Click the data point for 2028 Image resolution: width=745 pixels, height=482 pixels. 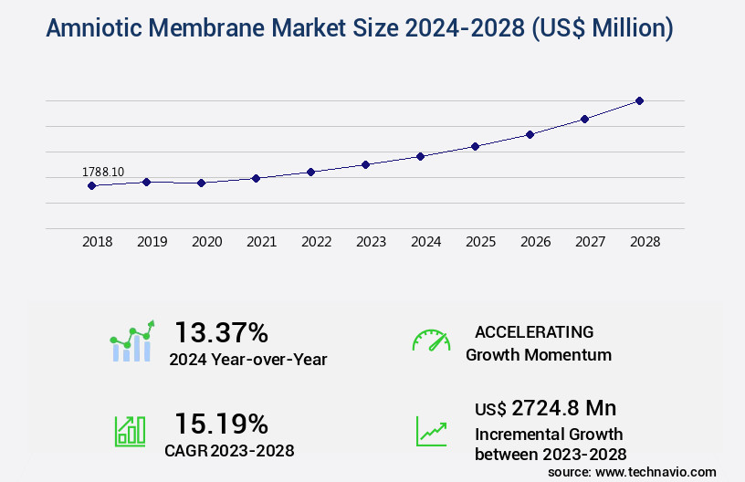point(639,100)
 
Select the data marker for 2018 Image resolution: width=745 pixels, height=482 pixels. point(91,185)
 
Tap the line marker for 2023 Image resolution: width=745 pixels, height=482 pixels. point(365,164)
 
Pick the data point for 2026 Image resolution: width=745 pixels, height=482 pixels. point(530,134)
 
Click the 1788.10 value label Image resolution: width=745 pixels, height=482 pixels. point(103,172)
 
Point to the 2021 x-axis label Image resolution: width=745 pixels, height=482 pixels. point(262,242)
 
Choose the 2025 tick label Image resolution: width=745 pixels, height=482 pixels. point(481,242)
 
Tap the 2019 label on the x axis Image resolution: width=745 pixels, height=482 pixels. point(152,242)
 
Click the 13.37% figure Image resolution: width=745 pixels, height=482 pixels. point(222,331)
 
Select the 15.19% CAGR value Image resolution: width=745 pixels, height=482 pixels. point(222,424)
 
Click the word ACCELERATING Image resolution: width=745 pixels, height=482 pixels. point(534,332)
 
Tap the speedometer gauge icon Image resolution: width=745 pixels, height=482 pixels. point(431,341)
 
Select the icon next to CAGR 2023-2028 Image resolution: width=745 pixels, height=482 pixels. point(130,431)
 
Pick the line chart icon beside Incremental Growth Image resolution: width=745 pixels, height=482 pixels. point(431,431)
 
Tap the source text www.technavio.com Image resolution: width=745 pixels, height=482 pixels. point(656,472)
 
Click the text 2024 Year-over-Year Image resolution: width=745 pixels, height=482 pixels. point(248,360)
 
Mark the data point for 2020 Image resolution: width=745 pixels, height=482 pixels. point(201,183)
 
